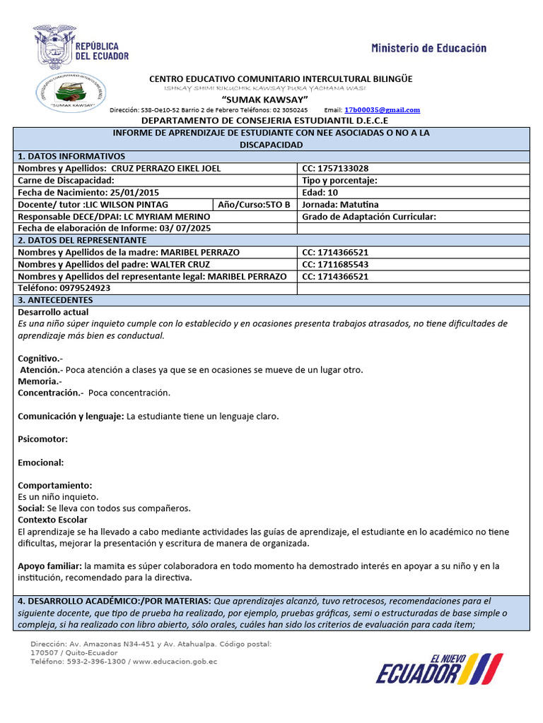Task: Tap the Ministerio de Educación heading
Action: [428, 48]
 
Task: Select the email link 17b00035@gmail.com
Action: [382, 110]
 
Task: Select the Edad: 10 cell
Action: [320, 193]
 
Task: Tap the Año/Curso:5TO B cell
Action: [254, 205]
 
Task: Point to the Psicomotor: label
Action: [42, 439]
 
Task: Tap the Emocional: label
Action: [40, 462]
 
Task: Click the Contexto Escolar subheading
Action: [52, 520]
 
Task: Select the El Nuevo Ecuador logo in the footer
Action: [438, 669]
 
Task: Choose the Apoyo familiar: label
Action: [49, 566]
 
